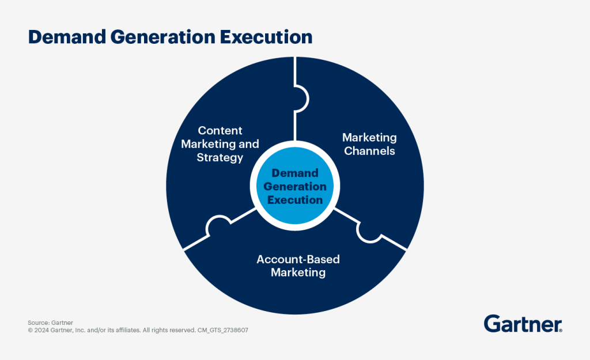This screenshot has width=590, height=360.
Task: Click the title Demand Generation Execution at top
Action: point(170,37)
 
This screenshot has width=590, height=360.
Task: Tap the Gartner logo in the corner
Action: point(523,324)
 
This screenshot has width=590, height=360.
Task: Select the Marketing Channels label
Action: point(369,144)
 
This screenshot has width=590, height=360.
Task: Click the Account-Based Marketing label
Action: point(298,266)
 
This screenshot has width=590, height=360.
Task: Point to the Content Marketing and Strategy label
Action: point(220,144)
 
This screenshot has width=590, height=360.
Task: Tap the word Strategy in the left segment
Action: point(220,157)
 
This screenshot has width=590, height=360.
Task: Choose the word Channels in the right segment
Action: point(369,151)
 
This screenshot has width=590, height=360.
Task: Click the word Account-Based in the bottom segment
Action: point(298,259)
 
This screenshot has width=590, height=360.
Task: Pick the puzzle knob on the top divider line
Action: point(301,98)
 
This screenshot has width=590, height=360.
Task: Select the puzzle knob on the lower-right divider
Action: point(367,231)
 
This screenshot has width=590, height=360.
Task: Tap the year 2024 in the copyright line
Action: point(41,331)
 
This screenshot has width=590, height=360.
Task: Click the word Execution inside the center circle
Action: point(295,200)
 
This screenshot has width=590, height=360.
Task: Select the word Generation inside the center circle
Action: point(295,187)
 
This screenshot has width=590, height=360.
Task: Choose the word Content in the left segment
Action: point(220,131)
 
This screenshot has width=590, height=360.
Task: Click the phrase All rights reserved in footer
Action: point(167,331)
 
